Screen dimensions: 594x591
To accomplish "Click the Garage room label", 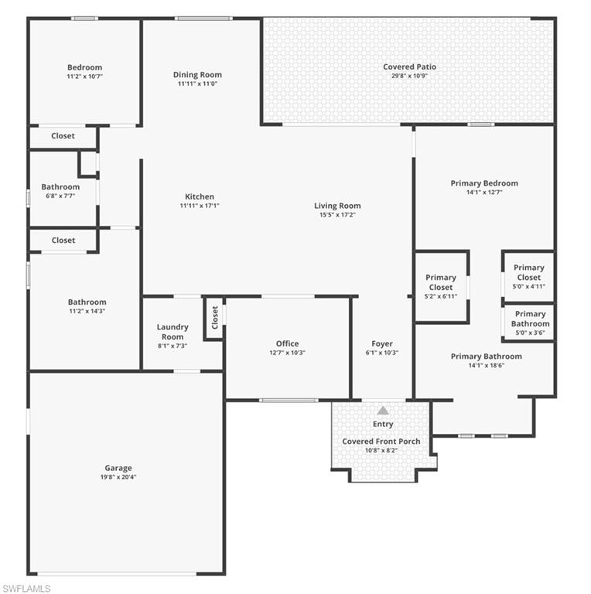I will tap(118, 468).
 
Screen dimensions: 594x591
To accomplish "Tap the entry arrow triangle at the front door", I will tap(383, 411).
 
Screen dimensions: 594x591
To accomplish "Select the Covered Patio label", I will tap(409, 67).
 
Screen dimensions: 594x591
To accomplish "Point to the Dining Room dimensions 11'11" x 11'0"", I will tap(197, 84).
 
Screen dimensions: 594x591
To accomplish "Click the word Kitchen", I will tap(200, 196).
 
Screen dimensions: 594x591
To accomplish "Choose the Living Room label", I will tap(337, 206).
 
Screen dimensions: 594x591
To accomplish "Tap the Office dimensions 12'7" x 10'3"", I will tap(287, 353).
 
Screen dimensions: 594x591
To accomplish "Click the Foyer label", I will tap(382, 343).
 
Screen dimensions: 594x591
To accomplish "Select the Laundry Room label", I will tap(173, 332).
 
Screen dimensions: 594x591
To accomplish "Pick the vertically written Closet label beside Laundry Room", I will tap(215, 316).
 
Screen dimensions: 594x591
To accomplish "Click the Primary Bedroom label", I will tap(484, 183).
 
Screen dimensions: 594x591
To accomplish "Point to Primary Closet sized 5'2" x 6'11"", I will tap(441, 286).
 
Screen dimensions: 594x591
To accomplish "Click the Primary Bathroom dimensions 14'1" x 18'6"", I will tap(486, 366).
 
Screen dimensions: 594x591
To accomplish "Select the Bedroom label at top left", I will tap(84, 67).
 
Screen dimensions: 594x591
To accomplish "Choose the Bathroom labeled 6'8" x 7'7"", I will tap(60, 191).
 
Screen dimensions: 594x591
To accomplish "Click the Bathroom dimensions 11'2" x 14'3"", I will tap(87, 312).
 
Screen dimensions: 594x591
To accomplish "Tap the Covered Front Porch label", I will tap(381, 442).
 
